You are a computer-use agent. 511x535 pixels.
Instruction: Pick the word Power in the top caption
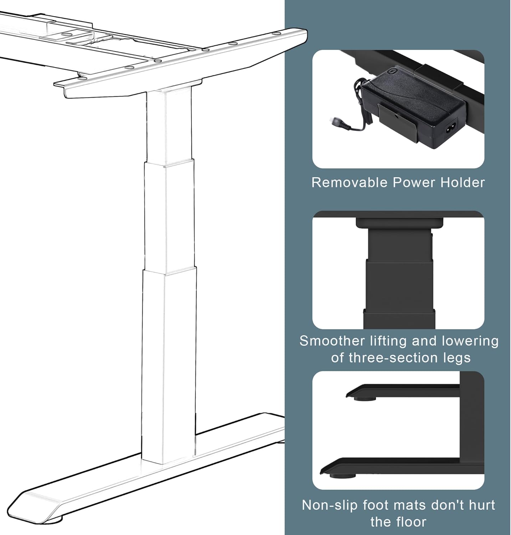(x=414, y=183)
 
